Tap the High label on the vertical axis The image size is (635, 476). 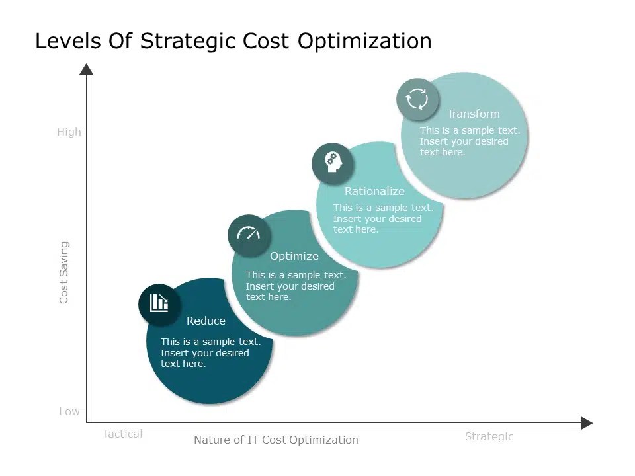tap(69, 132)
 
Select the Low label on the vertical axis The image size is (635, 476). tap(69, 411)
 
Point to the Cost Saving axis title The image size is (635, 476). tap(64, 272)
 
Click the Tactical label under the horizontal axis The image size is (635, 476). tap(122, 434)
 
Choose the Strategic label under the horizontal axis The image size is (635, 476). tap(489, 436)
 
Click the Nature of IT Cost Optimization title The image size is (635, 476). tap(276, 440)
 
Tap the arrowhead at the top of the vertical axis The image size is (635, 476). tap(86, 69)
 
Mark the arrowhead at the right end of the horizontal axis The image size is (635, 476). tap(586, 423)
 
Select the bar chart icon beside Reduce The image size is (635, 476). tap(159, 303)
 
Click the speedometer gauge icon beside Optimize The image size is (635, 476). tap(249, 234)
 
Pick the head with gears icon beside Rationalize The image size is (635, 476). tap(332, 162)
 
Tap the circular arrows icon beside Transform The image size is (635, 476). tap(417, 99)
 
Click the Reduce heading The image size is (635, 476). tap(206, 321)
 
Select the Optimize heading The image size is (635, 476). tap(294, 256)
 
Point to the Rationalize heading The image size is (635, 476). tap(374, 191)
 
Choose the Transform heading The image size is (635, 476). tap(473, 114)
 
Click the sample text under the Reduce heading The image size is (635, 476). tap(210, 352)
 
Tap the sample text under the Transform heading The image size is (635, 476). tap(470, 141)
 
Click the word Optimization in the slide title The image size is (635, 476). tap(364, 41)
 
